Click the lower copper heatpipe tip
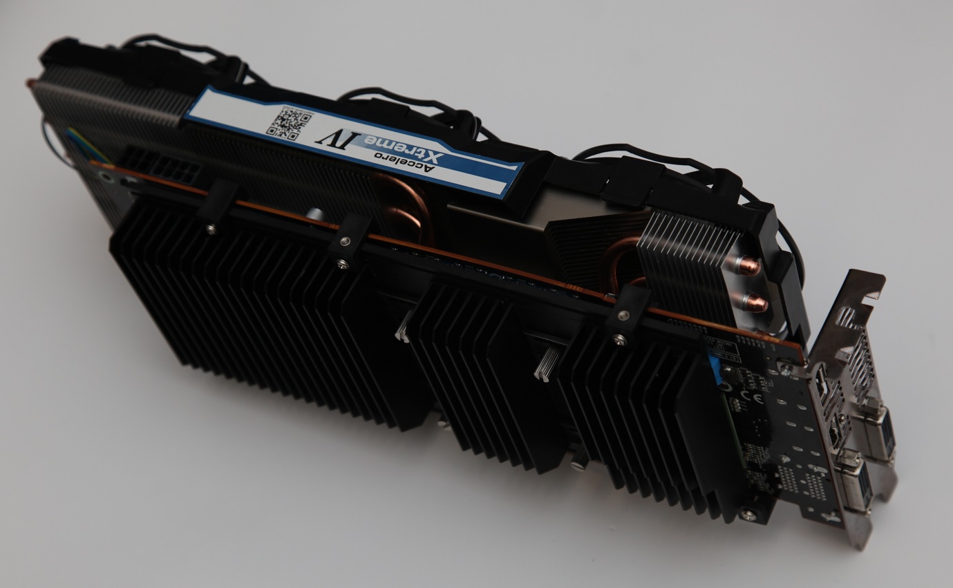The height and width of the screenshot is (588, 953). pos(755,302)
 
